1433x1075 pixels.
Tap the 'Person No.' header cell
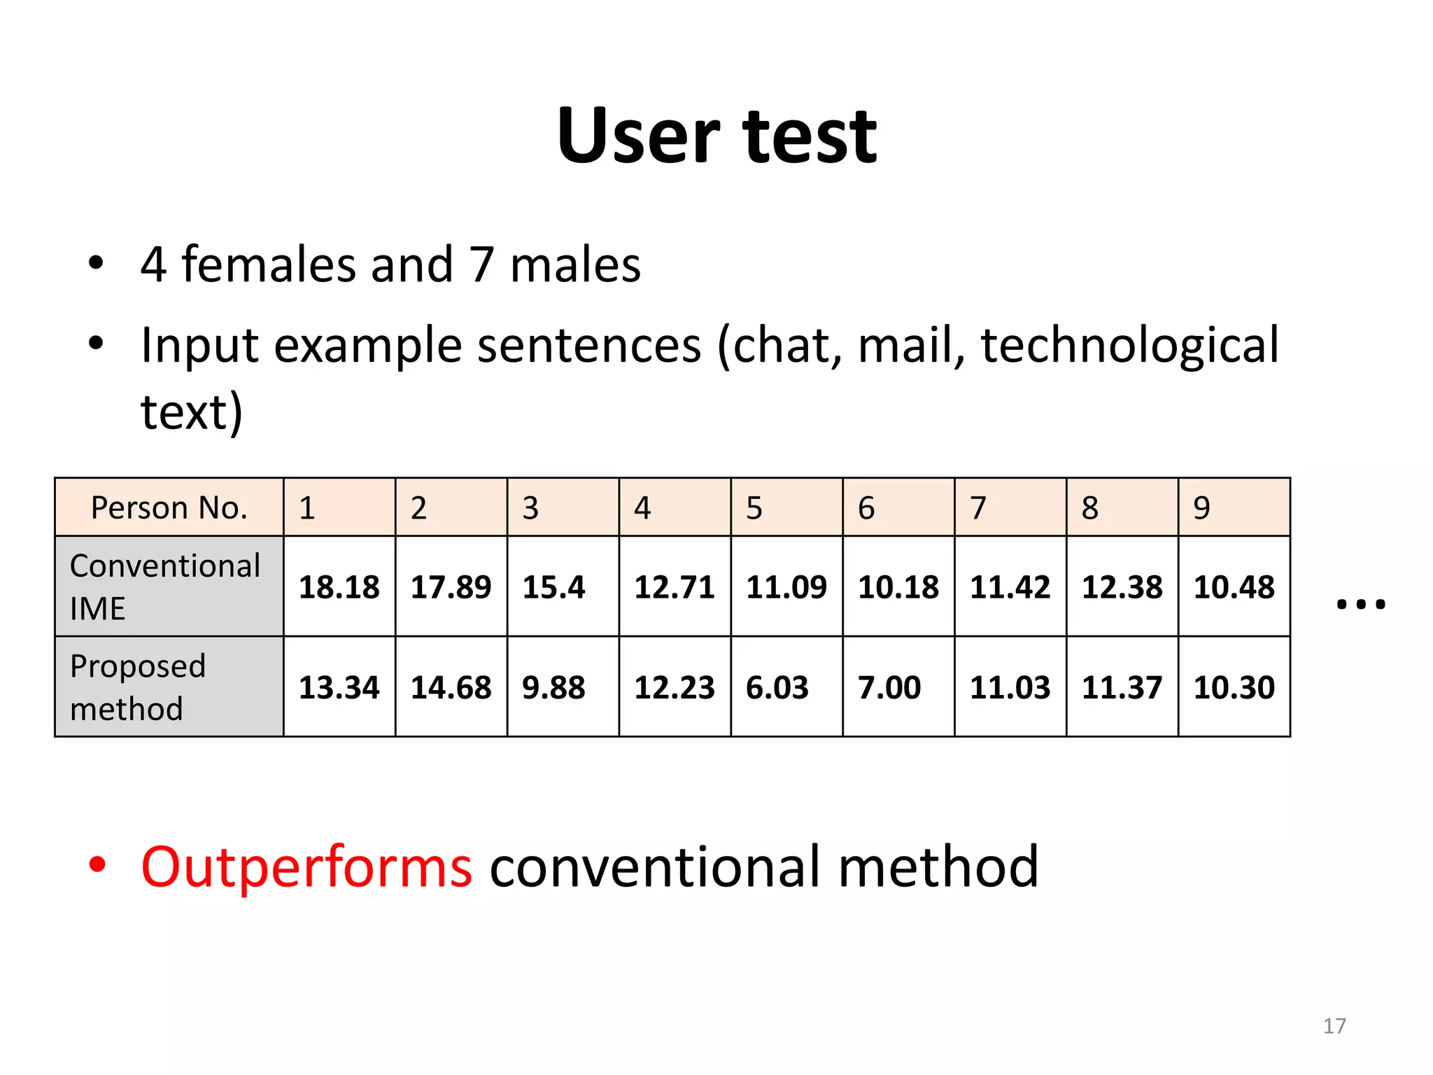coord(169,507)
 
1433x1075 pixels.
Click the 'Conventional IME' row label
coord(165,586)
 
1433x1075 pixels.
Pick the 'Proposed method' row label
coord(139,687)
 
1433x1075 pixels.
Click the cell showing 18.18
coord(339,586)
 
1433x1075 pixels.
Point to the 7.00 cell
coord(889,687)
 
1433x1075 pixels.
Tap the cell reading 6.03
coord(777,687)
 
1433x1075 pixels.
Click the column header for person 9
coord(1201,507)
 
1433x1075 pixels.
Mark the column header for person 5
coord(754,507)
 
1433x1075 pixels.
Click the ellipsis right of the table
coord(1360,604)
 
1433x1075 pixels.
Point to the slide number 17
coord(1334,1026)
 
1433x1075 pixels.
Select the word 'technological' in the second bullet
coord(1129,345)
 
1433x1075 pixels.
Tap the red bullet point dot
coord(97,865)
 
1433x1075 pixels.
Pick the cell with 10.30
coord(1234,687)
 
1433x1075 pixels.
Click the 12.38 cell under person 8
coord(1122,586)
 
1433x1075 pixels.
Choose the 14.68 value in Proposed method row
coord(451,687)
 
